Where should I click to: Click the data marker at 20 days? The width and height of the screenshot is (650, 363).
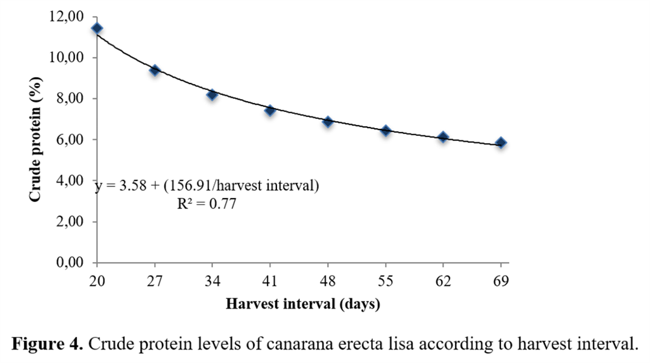[x=97, y=28]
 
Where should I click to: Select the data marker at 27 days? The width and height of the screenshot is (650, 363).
[x=155, y=70]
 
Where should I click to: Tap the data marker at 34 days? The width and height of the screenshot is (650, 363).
[x=212, y=94]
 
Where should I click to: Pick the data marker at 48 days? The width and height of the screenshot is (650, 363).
[x=328, y=121]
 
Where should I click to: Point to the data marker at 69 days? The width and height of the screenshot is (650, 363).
[x=500, y=142]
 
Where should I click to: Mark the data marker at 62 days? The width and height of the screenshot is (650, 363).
[x=443, y=137]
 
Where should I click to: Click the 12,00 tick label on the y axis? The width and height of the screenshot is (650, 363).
[x=66, y=17]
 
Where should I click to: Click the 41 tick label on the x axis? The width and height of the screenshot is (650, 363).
[x=270, y=281]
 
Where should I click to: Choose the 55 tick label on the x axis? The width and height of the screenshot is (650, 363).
[x=385, y=281]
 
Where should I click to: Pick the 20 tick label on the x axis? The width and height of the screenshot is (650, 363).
[x=97, y=281]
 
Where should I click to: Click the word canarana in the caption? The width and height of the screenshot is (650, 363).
[x=300, y=344]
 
